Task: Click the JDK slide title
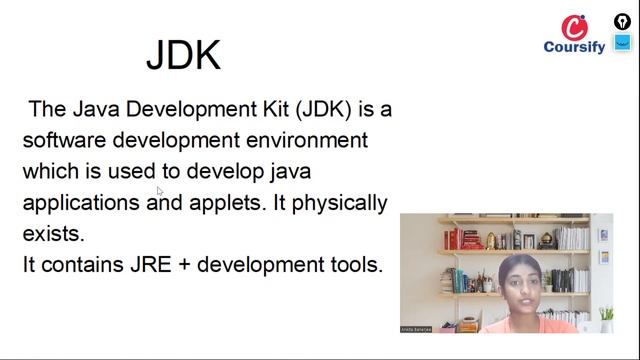point(183,54)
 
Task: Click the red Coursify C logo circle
point(574,27)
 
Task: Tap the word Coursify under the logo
point(574,47)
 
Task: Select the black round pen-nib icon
point(622,21)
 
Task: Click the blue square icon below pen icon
point(622,43)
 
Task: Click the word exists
point(54,234)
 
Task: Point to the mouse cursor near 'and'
point(160,191)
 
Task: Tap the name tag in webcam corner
point(418,328)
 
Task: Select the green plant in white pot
point(606,318)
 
